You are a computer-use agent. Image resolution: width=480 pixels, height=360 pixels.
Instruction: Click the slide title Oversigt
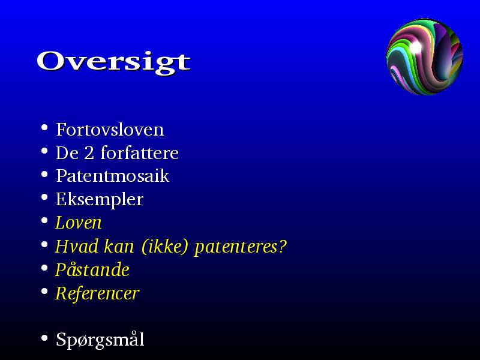click(x=113, y=62)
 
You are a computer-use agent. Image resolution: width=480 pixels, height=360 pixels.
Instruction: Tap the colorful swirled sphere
click(x=425, y=56)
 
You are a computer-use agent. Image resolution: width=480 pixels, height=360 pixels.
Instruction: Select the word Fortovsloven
click(x=110, y=130)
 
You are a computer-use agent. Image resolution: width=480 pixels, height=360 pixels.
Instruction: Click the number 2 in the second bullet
click(x=89, y=153)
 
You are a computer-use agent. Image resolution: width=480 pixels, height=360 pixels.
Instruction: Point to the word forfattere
click(x=140, y=152)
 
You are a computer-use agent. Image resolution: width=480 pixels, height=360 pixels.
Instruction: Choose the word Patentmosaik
click(x=113, y=176)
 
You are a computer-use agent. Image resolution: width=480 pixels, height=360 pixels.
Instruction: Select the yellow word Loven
click(x=79, y=223)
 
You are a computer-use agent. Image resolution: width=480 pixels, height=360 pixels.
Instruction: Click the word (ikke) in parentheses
click(x=164, y=247)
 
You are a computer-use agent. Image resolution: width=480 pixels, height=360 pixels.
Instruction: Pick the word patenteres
click(x=237, y=247)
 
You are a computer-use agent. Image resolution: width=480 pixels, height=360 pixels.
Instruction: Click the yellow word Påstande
click(x=92, y=269)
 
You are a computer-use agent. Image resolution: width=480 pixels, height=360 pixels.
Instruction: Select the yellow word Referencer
click(x=97, y=293)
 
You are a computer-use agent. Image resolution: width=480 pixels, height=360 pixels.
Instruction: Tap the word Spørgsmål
click(x=100, y=340)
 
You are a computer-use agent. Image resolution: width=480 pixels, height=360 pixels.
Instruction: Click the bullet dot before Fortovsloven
click(x=44, y=127)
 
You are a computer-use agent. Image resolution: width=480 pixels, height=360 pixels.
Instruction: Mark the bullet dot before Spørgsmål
click(x=44, y=338)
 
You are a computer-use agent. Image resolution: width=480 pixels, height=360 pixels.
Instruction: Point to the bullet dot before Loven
click(x=44, y=220)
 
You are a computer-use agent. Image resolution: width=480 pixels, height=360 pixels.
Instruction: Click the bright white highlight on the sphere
click(x=416, y=47)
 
